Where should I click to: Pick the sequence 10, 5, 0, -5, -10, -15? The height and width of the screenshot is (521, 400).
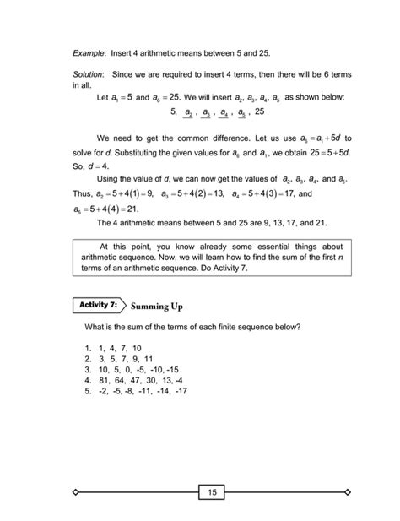(132, 369)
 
